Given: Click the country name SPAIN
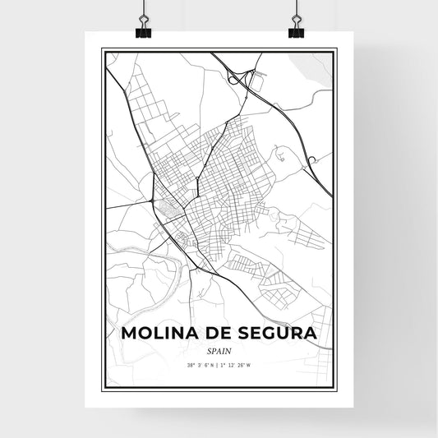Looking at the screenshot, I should pos(219,351).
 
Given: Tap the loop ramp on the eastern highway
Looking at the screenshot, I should pos(312,159).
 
